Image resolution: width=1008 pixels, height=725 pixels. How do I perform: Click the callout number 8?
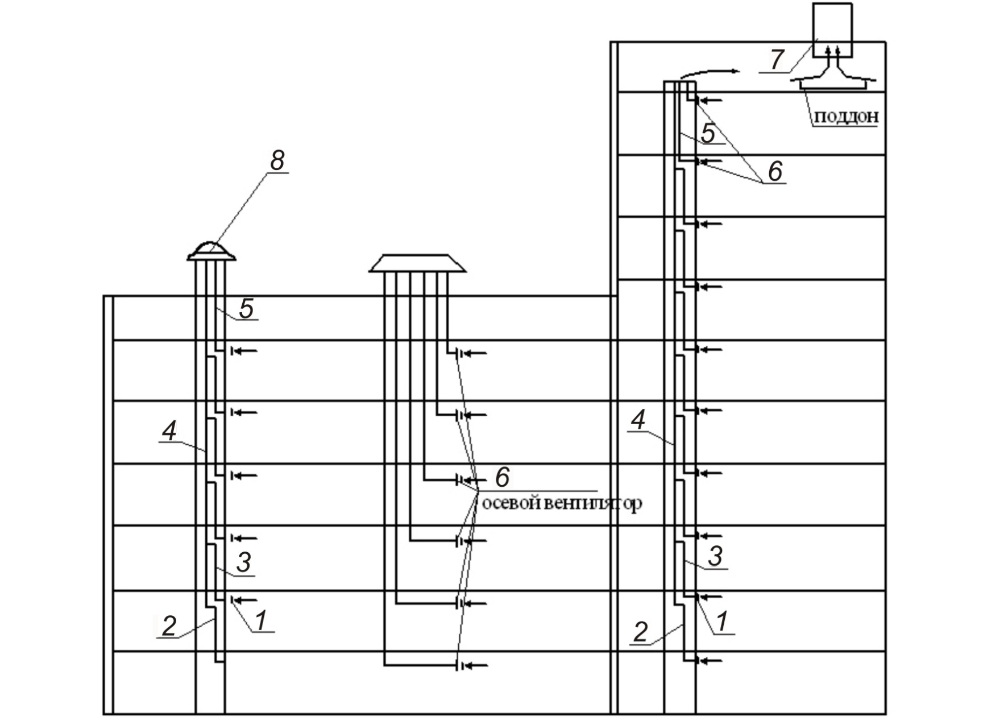[276, 160]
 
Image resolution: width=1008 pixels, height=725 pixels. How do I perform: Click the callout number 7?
[777, 59]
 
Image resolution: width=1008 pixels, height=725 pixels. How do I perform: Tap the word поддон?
[847, 117]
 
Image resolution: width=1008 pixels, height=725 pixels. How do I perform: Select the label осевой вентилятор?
[562, 504]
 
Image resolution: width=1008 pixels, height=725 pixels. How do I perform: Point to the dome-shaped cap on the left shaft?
[211, 251]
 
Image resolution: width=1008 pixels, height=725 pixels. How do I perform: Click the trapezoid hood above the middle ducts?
[417, 263]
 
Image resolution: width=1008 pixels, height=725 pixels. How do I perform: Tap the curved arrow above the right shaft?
[710, 73]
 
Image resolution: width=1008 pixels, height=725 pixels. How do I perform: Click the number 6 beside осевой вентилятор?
[502, 477]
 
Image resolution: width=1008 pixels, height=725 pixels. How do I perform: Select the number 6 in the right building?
[775, 171]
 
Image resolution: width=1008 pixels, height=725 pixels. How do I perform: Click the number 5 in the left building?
[246, 309]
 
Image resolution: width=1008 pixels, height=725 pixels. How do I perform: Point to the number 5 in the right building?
[708, 133]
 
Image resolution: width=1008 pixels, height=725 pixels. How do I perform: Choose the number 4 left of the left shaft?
[169, 431]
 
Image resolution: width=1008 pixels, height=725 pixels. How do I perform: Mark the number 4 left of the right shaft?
[638, 420]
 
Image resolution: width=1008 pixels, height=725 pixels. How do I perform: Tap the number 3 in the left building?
[243, 562]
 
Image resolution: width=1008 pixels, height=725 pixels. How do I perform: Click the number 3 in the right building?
[715, 556]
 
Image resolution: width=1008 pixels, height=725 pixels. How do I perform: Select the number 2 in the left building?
[169, 626]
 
